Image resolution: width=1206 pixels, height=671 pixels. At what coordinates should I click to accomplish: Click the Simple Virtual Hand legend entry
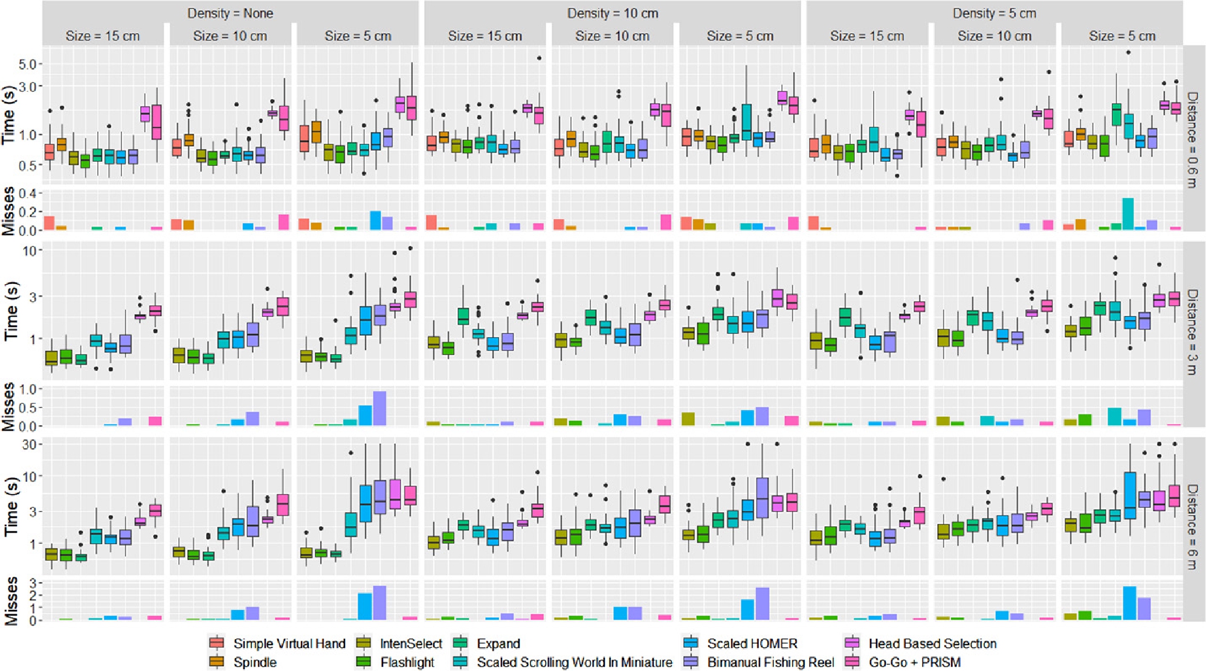289,643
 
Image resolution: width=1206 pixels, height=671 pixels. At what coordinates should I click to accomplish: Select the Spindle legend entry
254,662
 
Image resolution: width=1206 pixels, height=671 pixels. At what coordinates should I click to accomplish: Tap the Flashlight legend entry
407,662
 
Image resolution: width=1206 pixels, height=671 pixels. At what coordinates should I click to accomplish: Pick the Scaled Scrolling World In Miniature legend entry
574,662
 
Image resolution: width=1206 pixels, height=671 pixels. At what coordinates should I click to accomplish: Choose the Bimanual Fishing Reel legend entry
770,662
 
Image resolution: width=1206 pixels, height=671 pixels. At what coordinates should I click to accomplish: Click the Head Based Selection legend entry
932,643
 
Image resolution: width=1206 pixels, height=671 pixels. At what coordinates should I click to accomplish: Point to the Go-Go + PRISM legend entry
914,662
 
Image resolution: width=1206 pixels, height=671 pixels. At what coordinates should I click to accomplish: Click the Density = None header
230,13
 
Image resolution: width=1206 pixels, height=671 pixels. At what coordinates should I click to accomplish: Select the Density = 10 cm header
612,13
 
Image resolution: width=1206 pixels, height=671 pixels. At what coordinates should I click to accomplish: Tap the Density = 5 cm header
994,13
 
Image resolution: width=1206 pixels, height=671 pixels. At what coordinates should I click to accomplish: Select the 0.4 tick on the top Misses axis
29,193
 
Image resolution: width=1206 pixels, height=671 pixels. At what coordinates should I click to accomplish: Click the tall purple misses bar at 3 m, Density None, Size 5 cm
379,408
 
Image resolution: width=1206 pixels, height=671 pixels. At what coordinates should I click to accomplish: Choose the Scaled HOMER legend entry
752,643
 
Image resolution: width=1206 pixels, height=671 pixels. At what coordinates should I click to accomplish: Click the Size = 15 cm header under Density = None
102,36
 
